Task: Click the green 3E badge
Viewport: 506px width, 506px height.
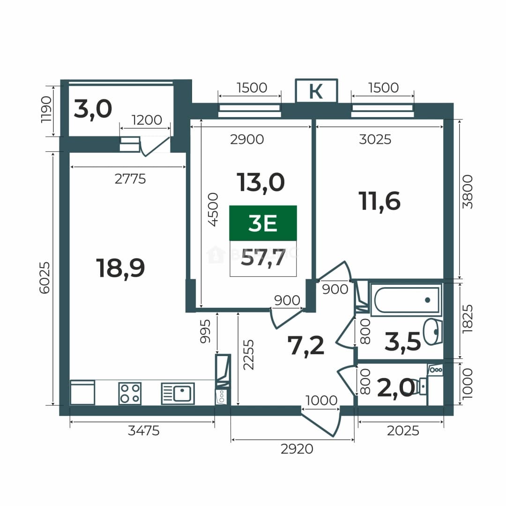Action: [x=263, y=223]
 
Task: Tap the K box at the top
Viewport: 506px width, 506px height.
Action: [x=316, y=91]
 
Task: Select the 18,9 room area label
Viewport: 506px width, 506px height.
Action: [x=120, y=268]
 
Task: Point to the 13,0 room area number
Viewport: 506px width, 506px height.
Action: [x=260, y=183]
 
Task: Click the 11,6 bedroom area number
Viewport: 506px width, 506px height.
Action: [x=379, y=201]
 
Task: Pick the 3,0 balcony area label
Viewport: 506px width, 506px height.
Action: [x=93, y=109]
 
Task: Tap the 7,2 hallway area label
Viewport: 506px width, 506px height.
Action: [x=305, y=346]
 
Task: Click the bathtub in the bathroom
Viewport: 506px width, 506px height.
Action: [x=406, y=300]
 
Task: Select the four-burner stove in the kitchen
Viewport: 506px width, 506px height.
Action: [x=130, y=394]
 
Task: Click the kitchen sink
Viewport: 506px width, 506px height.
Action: [x=178, y=394]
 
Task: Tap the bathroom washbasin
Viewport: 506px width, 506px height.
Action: [x=433, y=331]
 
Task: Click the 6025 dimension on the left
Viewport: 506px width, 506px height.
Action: [x=45, y=278]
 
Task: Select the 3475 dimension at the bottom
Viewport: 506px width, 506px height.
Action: [x=144, y=431]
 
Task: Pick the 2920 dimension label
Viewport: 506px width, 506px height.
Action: [x=297, y=449]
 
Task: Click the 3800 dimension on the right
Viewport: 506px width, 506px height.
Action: [x=467, y=192]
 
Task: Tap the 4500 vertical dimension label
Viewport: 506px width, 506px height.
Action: [x=213, y=210]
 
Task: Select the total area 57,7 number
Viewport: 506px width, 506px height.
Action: [x=263, y=258]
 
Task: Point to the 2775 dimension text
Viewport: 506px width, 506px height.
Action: [x=130, y=179]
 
